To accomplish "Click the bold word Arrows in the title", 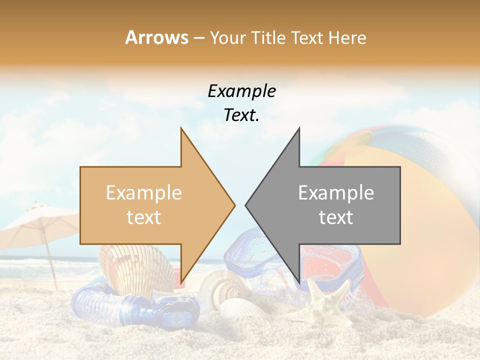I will point(157,37).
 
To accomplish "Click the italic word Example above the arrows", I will point(241,91).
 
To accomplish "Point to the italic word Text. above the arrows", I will point(241,115).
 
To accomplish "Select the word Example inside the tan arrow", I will point(144,193).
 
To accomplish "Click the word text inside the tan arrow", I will point(144,217).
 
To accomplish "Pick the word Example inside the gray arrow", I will point(336,193).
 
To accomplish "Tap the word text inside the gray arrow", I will point(336,217).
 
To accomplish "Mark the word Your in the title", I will point(228,37).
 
